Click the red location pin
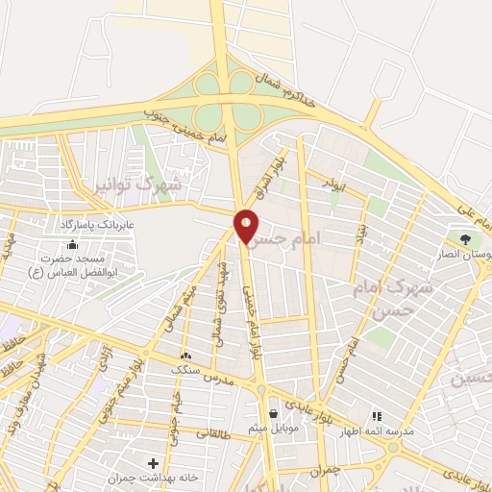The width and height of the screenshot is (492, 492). (x=246, y=227)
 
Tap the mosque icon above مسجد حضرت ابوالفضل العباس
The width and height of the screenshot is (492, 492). (x=74, y=244)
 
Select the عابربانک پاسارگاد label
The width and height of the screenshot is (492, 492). (x=96, y=224)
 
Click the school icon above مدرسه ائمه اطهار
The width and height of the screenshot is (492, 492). (x=377, y=416)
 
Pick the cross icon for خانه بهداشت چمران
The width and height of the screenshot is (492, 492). (x=154, y=463)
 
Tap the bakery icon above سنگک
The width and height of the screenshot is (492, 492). (x=184, y=356)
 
